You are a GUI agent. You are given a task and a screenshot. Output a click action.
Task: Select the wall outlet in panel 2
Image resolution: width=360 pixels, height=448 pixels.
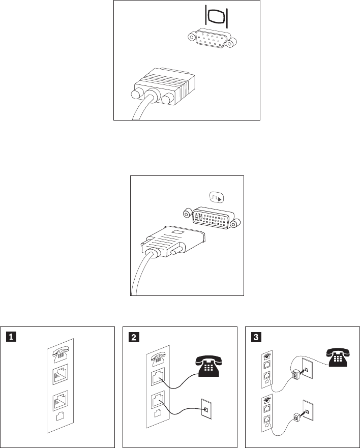click(205, 408)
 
